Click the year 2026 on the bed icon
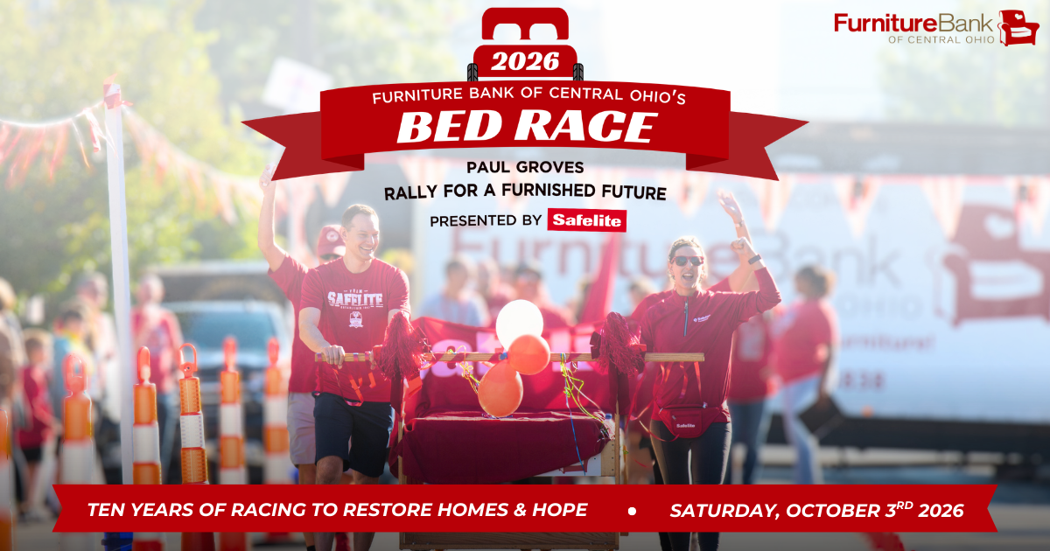point(525,61)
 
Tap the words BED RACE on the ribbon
point(525,128)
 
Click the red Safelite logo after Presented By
point(586,220)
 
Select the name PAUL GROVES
point(525,167)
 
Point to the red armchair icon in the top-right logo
point(1018,27)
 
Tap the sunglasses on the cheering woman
point(687,260)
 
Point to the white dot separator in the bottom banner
point(631,510)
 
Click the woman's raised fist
point(743,248)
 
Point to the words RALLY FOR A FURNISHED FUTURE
point(525,192)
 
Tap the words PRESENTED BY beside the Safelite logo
point(485,220)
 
